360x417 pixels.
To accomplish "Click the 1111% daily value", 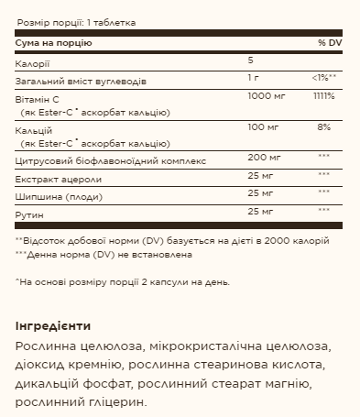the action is click(x=323, y=95).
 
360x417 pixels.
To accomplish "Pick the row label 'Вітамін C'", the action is click(x=36, y=97).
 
